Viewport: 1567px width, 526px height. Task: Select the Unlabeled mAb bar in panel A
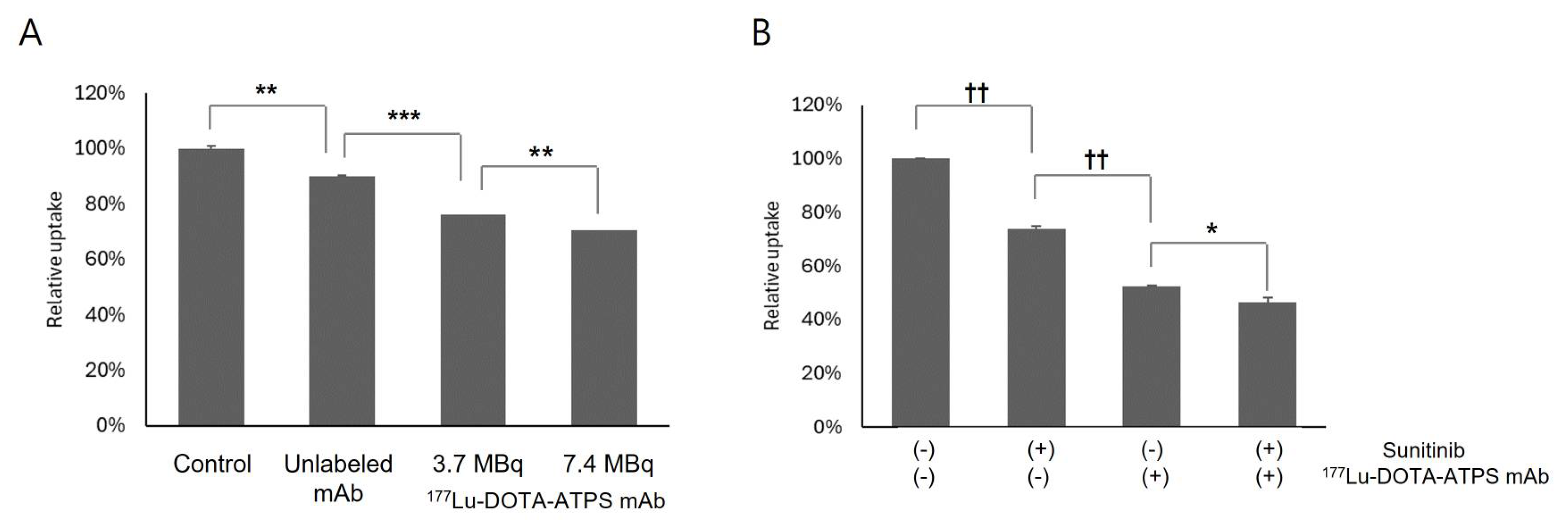point(342,301)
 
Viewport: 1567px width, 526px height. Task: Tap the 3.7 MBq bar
point(473,320)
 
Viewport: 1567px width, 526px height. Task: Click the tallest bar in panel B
point(920,292)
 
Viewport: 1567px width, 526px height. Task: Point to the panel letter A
point(31,34)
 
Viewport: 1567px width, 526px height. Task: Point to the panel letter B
point(762,34)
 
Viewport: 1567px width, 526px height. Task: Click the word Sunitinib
point(1423,451)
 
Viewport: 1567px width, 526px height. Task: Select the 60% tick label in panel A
point(105,259)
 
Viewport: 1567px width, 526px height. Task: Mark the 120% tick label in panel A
point(99,93)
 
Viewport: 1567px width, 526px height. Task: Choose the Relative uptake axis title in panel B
point(772,266)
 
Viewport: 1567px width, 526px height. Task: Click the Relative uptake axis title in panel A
point(55,259)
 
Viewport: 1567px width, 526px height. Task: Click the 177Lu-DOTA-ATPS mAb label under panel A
point(546,500)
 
